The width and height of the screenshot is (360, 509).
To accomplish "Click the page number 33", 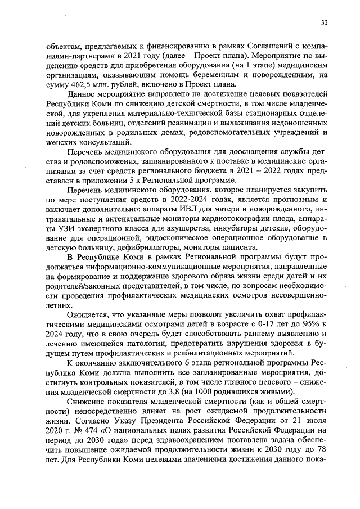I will pyautogui.click(x=324, y=23).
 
